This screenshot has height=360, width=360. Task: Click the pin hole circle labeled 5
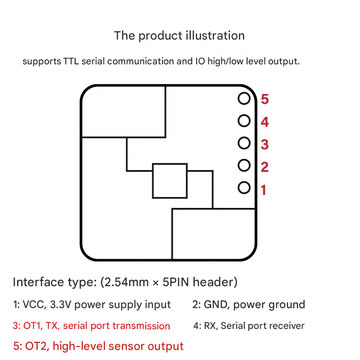244,99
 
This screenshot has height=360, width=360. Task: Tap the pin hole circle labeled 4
244,121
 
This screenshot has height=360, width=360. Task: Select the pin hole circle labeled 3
244,143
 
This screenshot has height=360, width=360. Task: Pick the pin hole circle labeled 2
244,165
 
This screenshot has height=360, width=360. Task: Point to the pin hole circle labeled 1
244,188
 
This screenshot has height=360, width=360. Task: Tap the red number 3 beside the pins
265,144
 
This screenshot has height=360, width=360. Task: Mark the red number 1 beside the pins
264,190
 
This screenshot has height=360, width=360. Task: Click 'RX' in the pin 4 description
210,326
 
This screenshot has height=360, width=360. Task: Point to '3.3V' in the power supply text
61,305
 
